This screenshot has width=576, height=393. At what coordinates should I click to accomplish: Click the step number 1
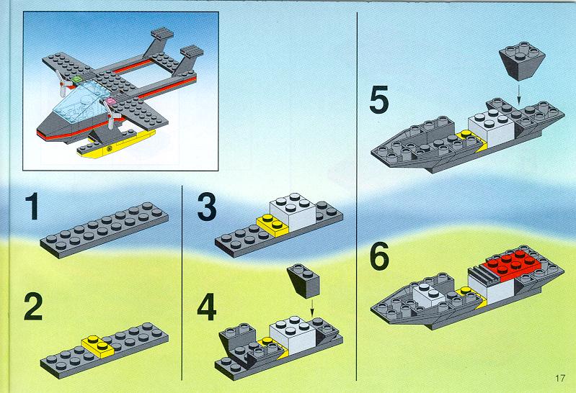[33, 207]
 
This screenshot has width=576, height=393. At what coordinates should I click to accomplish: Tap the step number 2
[33, 307]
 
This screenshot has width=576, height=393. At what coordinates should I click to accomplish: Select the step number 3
[207, 207]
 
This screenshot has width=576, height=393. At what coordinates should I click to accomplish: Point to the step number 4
[206, 307]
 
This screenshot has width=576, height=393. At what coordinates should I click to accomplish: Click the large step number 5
[379, 99]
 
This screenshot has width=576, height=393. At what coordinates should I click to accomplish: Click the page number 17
[560, 378]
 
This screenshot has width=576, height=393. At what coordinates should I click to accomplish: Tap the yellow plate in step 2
[98, 346]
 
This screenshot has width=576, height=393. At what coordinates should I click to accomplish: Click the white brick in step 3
[293, 212]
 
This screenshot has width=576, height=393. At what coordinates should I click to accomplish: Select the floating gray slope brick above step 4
[303, 280]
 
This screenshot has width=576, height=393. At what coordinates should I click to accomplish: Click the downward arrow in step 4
[312, 308]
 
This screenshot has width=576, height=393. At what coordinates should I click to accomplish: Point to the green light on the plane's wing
[77, 79]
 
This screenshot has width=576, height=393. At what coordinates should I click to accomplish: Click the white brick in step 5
[491, 128]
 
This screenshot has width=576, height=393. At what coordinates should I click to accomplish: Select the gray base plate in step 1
[105, 230]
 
